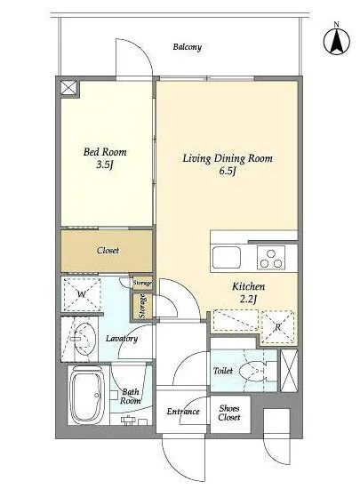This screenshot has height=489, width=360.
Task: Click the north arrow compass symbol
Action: [337, 41]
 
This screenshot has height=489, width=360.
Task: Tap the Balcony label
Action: [188, 47]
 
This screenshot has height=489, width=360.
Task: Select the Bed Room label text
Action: [105, 152]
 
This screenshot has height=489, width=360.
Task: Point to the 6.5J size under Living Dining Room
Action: [227, 171]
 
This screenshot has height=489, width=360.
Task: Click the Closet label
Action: [108, 250]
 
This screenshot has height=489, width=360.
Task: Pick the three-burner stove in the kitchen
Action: [271, 258]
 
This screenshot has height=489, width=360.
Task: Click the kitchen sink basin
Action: [227, 258]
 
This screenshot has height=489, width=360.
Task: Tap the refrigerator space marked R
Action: [278, 327]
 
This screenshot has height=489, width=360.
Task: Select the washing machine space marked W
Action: [82, 293]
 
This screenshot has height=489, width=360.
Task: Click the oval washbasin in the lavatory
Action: [85, 339]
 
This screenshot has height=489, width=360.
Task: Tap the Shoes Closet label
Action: [229, 413]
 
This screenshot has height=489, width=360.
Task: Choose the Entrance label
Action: [183, 412]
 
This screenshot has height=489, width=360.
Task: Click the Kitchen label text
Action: [248, 286]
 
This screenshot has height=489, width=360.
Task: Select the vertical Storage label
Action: [142, 306]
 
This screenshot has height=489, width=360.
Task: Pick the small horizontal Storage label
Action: [142, 283]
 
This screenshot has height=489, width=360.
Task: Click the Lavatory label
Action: [122, 339]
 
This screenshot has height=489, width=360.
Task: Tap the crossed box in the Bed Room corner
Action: [68, 87]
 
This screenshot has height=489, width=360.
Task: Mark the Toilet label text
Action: [223, 371]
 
